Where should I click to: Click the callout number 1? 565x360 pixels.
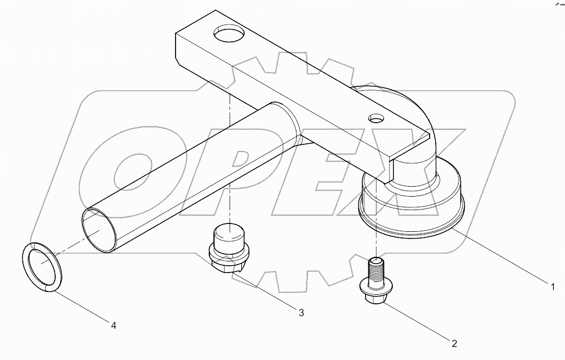(x=552, y=288)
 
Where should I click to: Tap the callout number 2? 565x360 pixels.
(x=454, y=344)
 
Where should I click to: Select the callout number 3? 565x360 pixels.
(x=301, y=313)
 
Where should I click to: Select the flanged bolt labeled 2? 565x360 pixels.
(x=375, y=281)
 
